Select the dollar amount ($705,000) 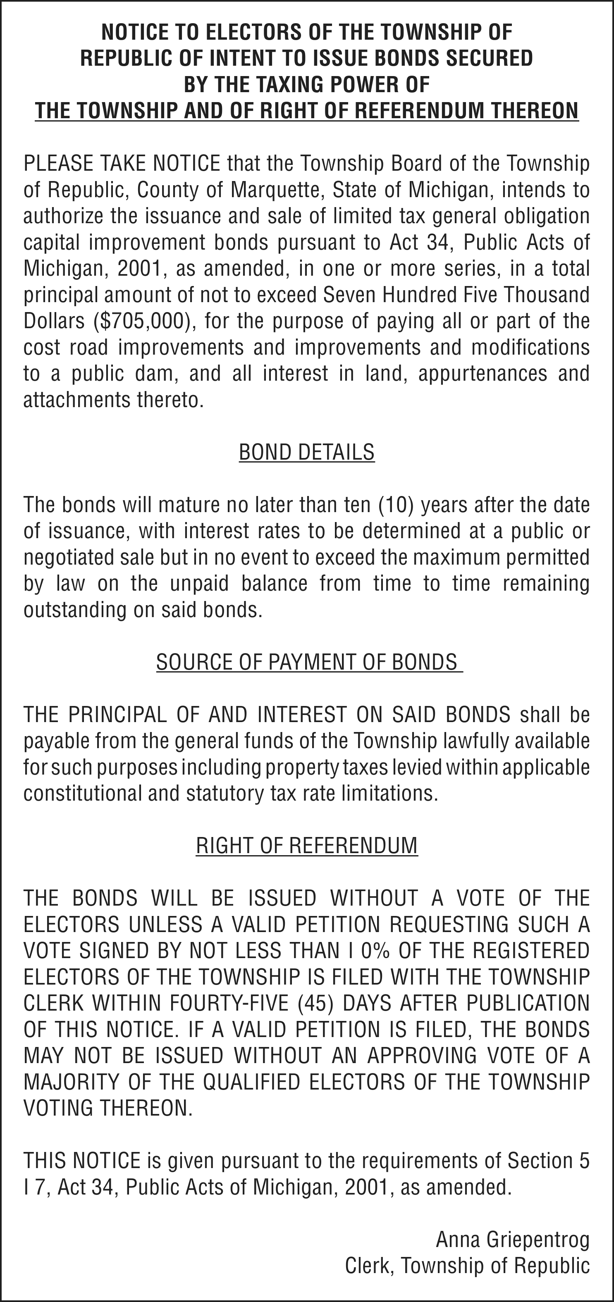click(x=145, y=322)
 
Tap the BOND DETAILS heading click(x=306, y=452)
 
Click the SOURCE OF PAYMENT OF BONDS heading click(x=306, y=662)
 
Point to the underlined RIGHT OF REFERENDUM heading click(x=306, y=845)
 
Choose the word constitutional click(x=82, y=794)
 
